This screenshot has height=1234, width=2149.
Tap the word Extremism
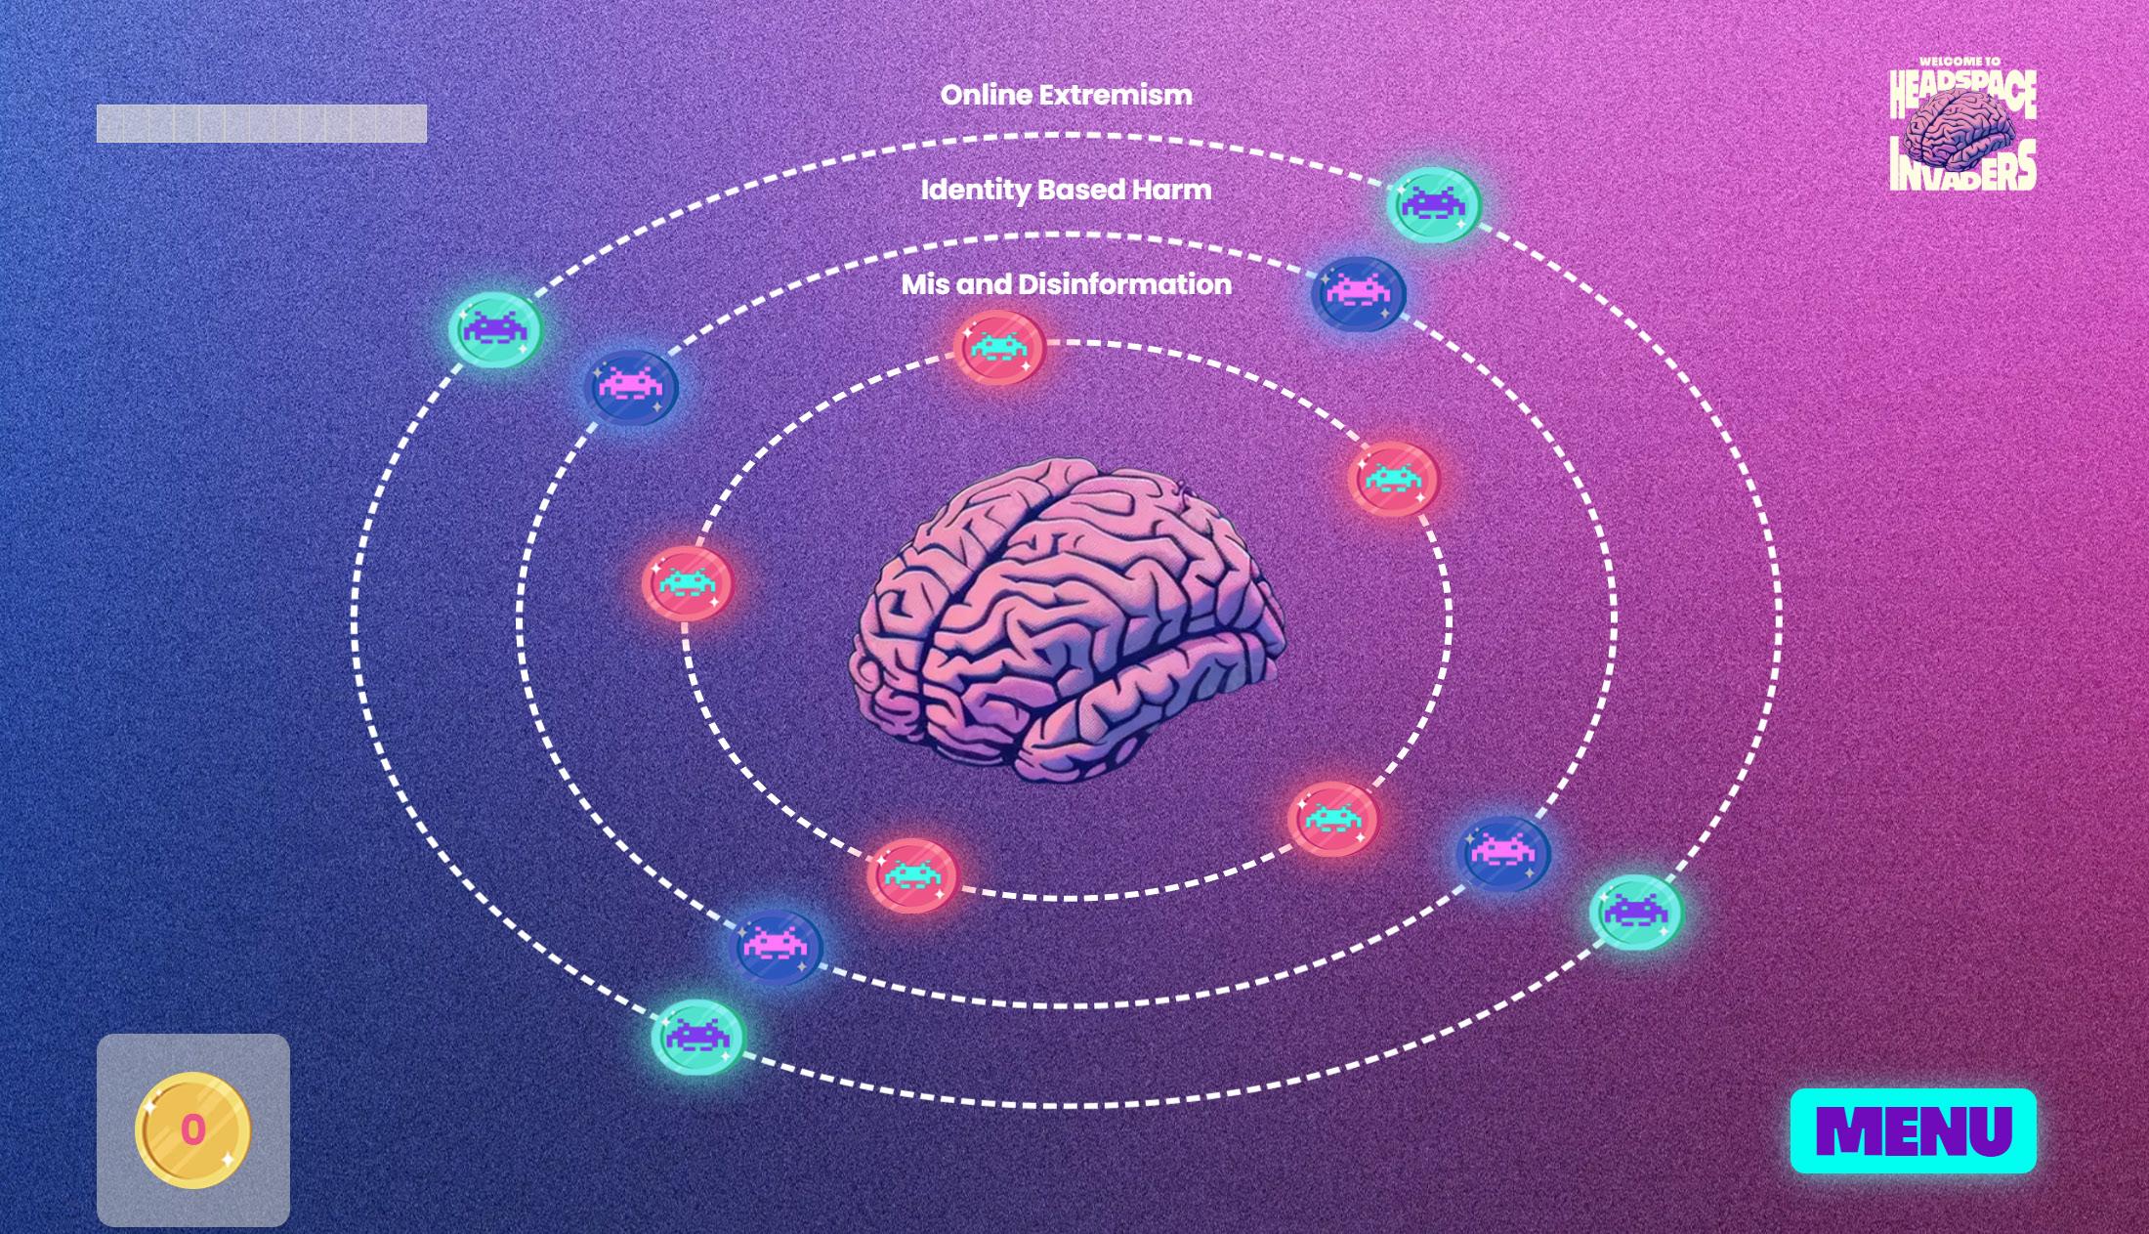click(1116, 96)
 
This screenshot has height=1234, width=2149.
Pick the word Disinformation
click(1124, 284)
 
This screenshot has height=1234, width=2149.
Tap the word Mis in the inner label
click(924, 284)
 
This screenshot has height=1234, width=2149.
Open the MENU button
click(1913, 1130)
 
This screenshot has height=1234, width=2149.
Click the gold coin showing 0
click(193, 1130)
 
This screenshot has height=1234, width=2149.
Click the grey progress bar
click(261, 124)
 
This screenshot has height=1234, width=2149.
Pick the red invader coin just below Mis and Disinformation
click(999, 347)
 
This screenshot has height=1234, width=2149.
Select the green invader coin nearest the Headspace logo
click(1434, 204)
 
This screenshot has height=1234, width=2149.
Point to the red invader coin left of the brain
click(687, 582)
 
